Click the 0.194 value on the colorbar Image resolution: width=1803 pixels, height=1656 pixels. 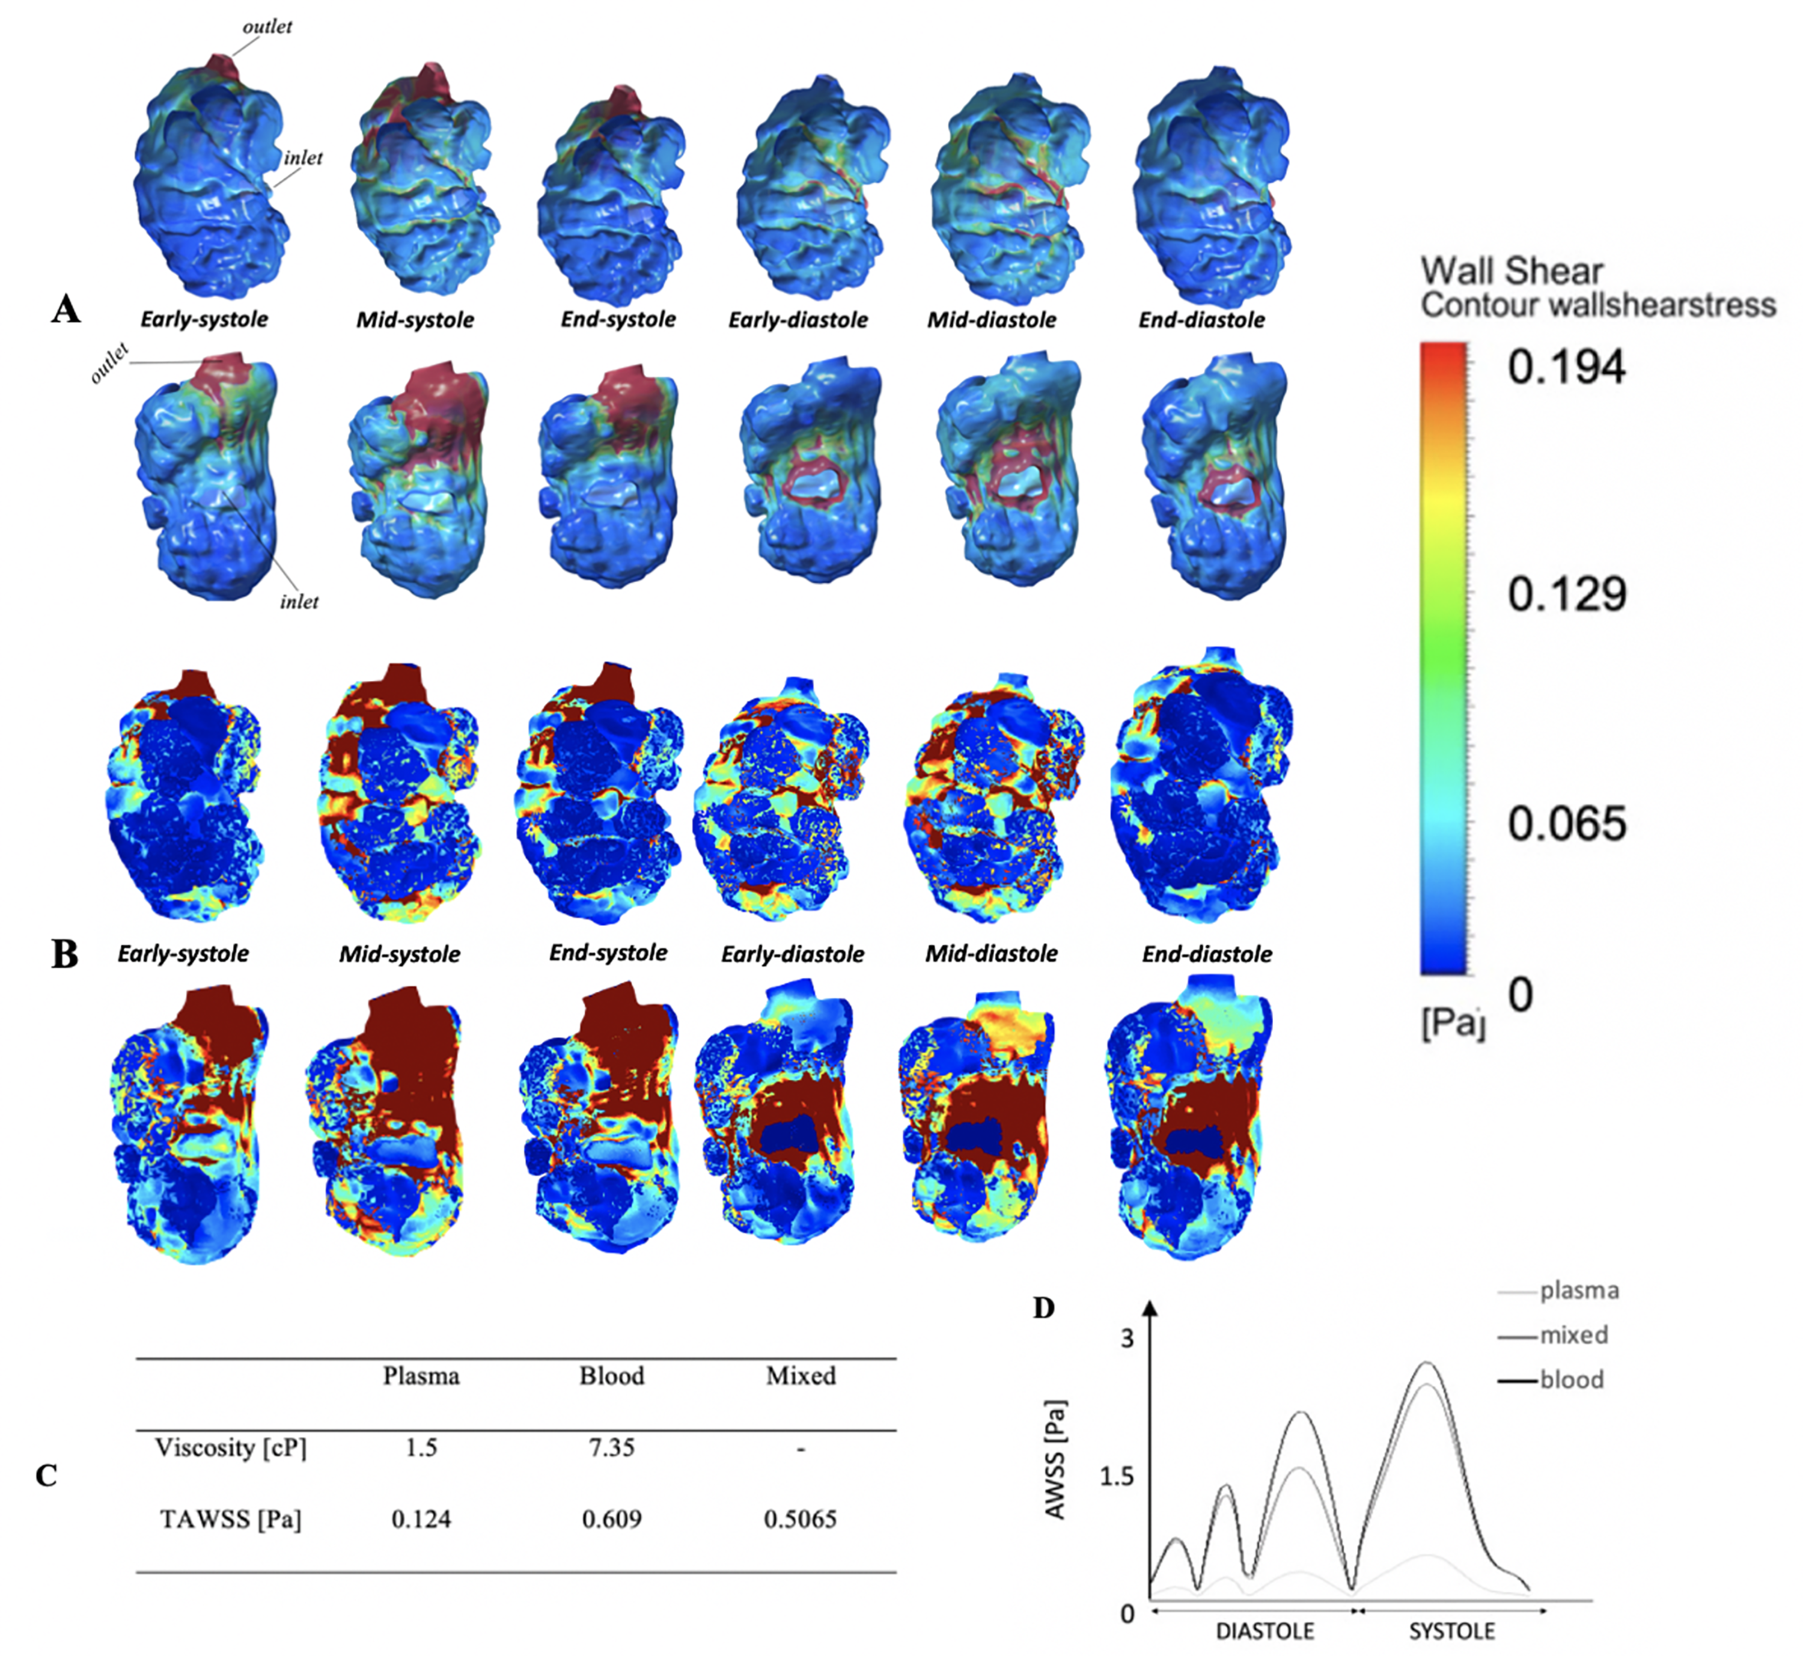1566,367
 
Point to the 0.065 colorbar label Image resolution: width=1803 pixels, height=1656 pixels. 1566,823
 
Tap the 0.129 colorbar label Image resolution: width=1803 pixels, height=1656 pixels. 1566,594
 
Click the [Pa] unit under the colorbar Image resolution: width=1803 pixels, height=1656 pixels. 1453,1022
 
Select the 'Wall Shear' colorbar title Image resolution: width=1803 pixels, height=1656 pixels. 1511,270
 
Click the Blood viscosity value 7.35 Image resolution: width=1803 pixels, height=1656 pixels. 611,1447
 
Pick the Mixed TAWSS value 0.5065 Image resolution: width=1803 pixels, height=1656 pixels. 801,1519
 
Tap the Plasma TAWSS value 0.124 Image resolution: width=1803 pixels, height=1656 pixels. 421,1519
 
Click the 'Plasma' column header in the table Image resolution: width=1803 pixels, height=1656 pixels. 421,1375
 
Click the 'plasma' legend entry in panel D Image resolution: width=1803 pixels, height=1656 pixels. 1579,1291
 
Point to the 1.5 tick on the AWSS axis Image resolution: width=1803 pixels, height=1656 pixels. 1117,1476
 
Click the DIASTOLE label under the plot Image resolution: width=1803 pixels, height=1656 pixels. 1265,1631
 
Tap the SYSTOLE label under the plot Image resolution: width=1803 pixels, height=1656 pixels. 1452,1631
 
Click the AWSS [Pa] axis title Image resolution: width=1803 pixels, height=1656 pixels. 1055,1459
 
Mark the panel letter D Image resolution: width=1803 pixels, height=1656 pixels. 1044,1309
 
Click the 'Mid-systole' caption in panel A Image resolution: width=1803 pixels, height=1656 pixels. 415,320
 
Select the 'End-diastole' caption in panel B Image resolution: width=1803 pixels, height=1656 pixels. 1206,953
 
